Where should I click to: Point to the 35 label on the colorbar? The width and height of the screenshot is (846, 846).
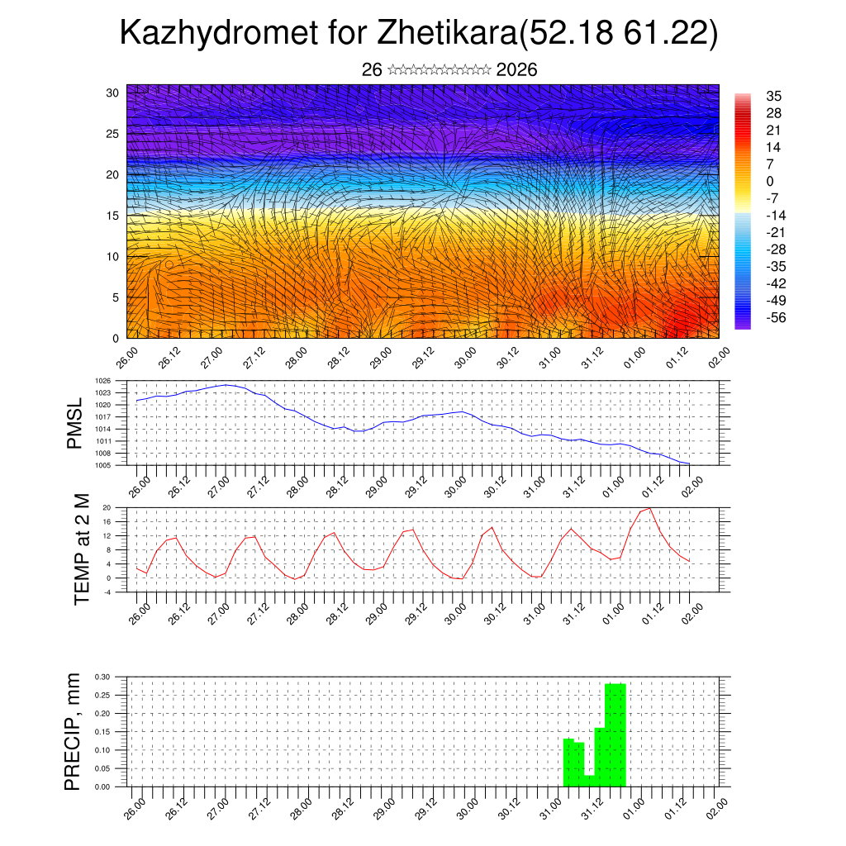tap(774, 96)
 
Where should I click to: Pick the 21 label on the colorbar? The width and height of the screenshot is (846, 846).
tap(774, 130)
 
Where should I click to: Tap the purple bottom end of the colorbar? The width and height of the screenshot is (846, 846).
tap(743, 325)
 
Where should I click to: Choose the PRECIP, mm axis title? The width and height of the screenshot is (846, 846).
tap(74, 731)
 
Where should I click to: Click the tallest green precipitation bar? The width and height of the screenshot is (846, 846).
tap(615, 734)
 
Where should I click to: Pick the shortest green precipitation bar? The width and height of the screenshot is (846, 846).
tap(590, 781)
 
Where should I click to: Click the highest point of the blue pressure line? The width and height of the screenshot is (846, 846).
tap(226, 384)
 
